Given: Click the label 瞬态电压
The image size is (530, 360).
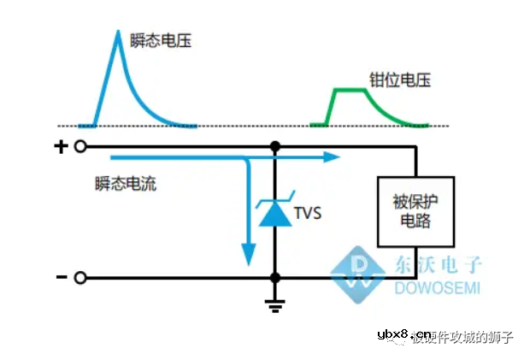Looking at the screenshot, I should click(x=160, y=39).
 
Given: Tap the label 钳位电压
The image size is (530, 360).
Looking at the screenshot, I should click(x=399, y=81).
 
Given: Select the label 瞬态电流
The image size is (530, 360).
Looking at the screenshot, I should click(x=126, y=182).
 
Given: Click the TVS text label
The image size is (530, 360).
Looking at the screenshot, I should click(x=307, y=213).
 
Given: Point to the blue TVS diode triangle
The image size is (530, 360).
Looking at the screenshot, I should click(x=274, y=216).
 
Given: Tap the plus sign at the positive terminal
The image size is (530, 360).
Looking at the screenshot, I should click(x=61, y=147).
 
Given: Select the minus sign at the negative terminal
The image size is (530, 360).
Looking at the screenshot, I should click(x=61, y=277).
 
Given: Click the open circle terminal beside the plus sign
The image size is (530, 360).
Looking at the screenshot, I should click(x=80, y=147).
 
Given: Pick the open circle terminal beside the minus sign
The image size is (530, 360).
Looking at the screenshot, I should click(x=80, y=277).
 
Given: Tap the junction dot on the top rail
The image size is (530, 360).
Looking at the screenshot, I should click(x=274, y=147).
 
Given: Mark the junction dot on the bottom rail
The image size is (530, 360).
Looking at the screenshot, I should click(x=274, y=277).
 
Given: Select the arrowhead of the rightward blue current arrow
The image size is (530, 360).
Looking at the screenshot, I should click(x=333, y=157).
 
